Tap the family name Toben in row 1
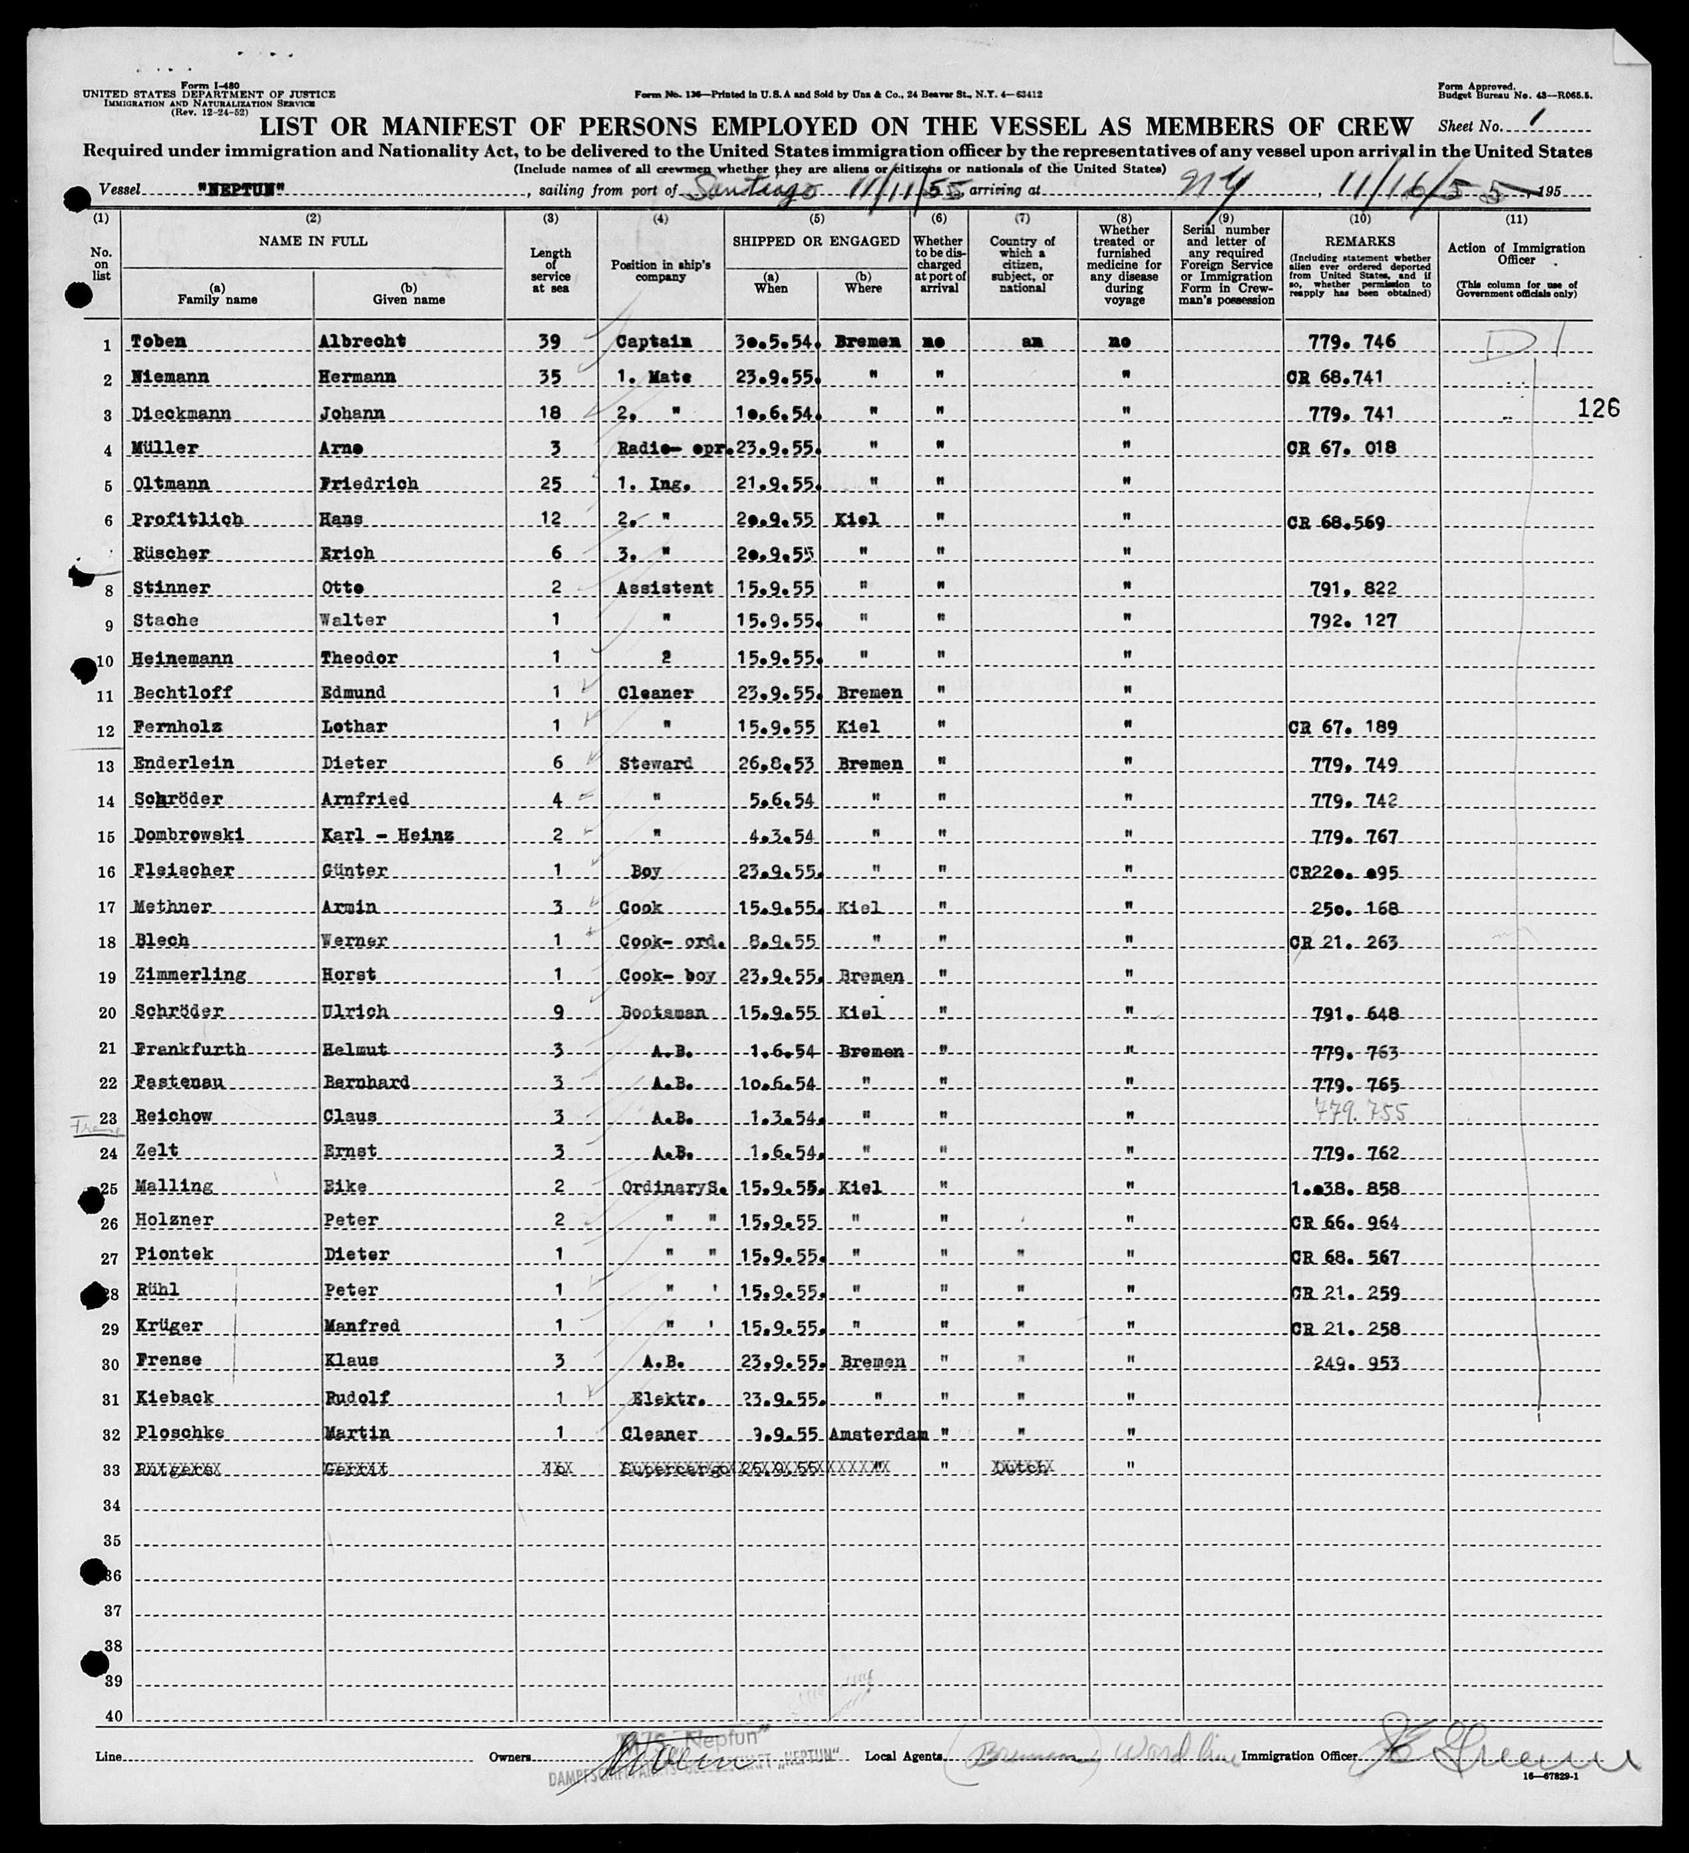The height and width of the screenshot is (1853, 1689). coord(158,341)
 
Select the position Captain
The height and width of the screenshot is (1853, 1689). coord(653,341)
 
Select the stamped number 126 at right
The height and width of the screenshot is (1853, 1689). coord(1598,409)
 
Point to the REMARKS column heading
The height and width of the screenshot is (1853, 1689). coord(1359,241)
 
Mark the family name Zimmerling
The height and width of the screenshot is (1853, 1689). coord(190,974)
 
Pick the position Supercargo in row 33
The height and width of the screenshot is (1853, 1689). coord(677,1469)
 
